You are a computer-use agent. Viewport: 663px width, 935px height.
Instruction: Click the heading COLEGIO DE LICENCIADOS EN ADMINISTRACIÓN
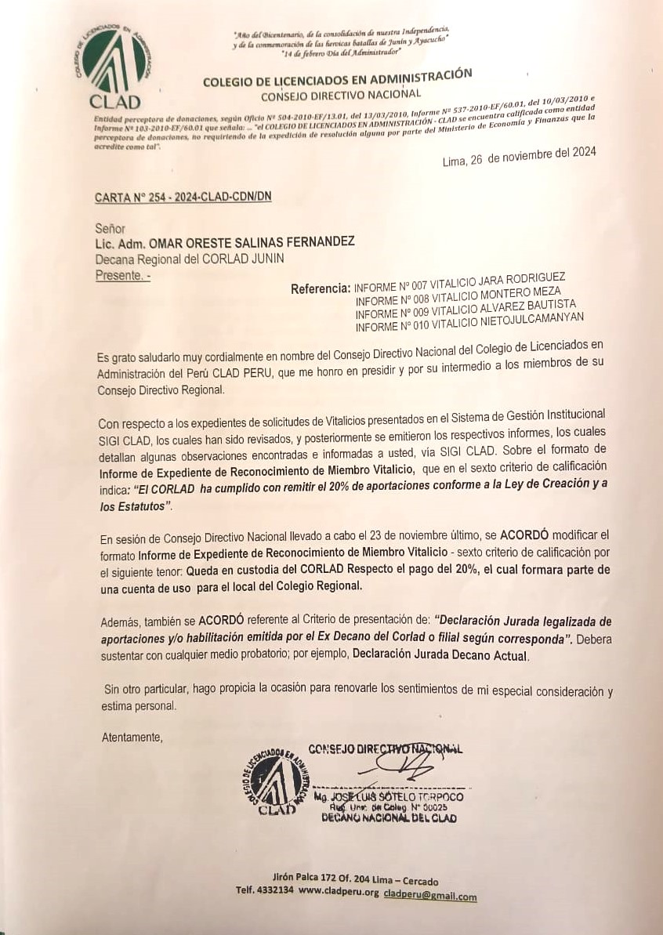click(x=337, y=78)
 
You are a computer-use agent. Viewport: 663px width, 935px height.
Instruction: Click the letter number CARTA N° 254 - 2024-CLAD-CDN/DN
click(x=183, y=198)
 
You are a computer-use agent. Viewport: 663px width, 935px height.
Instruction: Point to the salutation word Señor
click(x=110, y=229)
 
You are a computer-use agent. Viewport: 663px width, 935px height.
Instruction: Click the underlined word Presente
click(x=121, y=275)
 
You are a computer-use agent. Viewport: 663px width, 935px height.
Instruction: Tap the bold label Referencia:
click(x=321, y=288)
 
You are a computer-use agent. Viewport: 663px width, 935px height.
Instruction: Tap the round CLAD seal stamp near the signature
click(x=276, y=780)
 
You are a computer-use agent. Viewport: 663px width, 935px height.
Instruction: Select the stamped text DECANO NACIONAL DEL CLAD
click(x=389, y=818)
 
